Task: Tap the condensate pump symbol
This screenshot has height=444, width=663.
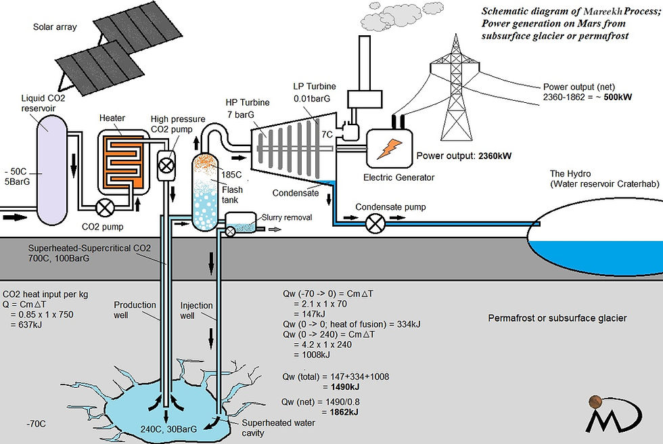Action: click(x=375, y=223)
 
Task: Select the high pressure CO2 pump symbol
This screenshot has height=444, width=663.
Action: click(x=166, y=165)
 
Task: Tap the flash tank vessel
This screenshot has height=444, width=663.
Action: click(x=205, y=192)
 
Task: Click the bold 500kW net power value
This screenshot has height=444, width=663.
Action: click(x=618, y=97)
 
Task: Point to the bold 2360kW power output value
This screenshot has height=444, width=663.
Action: click(x=495, y=156)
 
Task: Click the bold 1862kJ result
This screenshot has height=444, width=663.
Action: click(x=344, y=412)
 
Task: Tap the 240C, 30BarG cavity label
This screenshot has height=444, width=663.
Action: click(x=168, y=429)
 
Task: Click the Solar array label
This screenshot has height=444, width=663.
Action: click(x=55, y=27)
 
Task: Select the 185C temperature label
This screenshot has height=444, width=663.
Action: click(x=231, y=175)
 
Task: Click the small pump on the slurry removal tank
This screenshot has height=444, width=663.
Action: click(x=231, y=231)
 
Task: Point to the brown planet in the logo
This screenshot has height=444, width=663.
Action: click(x=595, y=401)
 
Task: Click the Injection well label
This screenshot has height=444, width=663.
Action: click(x=196, y=311)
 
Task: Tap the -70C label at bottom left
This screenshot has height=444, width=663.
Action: click(x=36, y=424)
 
